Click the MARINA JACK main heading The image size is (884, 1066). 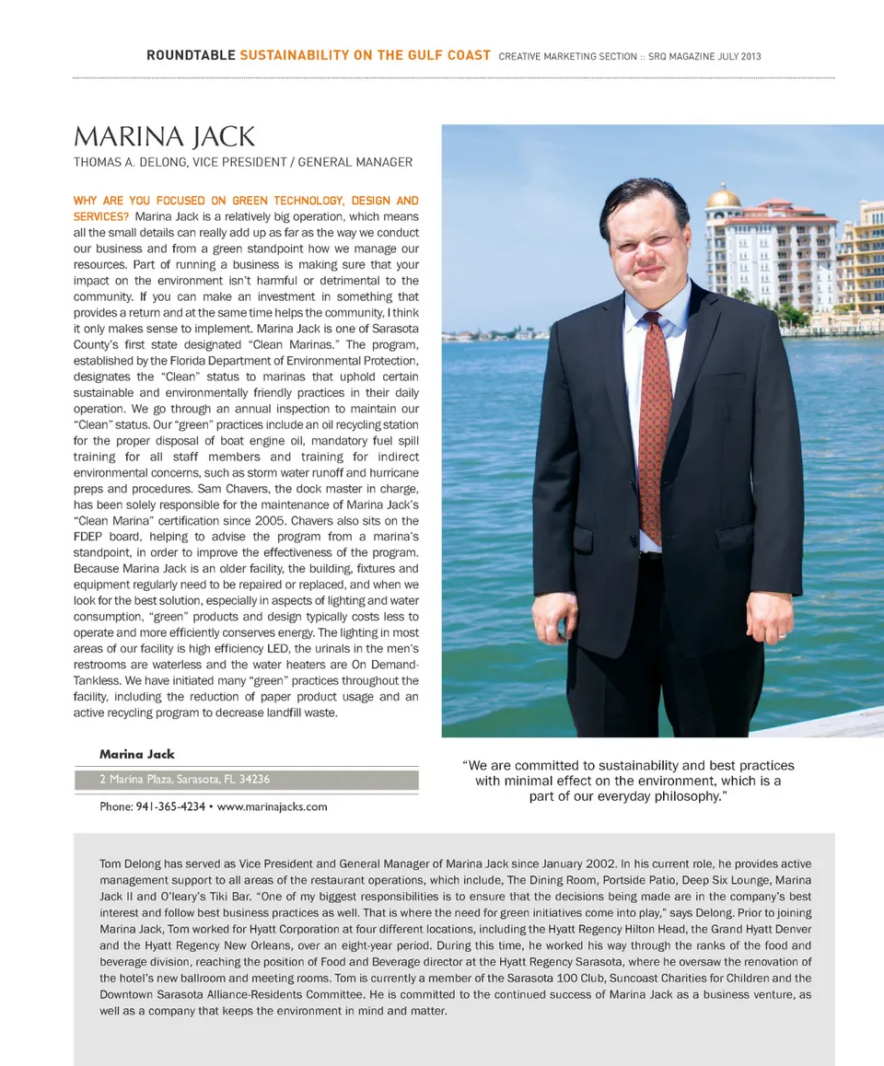coord(164,137)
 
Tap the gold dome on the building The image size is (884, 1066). coord(724,197)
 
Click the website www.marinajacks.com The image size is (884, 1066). coord(272,806)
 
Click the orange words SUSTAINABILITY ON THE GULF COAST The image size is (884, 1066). coord(365,55)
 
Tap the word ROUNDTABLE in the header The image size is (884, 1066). coord(191,55)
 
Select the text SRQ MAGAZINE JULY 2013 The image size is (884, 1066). coord(704,56)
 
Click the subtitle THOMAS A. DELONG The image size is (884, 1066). coord(243,162)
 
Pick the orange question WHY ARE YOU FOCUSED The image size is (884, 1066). coord(246,200)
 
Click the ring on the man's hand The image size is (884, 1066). coord(781,633)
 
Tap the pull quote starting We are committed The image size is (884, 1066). coord(629,780)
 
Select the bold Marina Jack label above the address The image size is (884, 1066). coord(137,754)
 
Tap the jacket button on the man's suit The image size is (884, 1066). coord(634,539)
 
